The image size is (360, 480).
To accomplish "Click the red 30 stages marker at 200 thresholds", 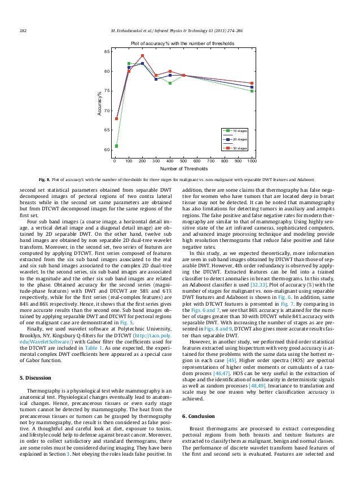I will click(x=143, y=56).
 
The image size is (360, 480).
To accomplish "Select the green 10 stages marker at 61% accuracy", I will click(x=116, y=146).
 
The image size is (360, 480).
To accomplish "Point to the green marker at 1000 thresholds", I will click(x=252, y=91).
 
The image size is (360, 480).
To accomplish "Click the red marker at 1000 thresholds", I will click(x=252, y=83).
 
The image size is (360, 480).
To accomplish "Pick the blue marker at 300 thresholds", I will click(x=156, y=79).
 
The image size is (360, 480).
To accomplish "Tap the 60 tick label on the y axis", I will click(x=107, y=150).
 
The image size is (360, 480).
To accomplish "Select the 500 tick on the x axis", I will click(x=183, y=161).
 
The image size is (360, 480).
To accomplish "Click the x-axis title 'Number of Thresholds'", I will click(x=183, y=169).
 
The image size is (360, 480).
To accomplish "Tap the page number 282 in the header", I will click(x=24, y=30).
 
